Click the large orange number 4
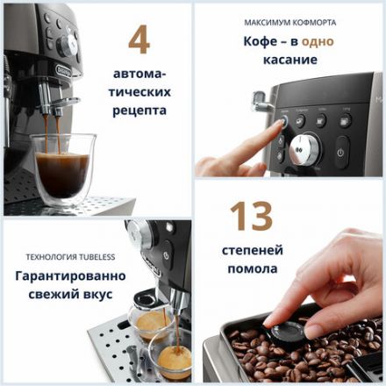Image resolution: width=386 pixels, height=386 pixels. coord(139,39)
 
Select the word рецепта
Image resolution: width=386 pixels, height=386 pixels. coord(139,111)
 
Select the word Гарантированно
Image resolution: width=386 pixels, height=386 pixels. coord(70,275)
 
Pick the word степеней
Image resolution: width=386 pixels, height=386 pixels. coord(254,251)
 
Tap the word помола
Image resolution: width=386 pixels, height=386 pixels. coord(254,269)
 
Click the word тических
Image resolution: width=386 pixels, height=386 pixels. coord(139,91)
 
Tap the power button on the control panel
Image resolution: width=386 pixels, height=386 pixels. coord(341,151)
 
